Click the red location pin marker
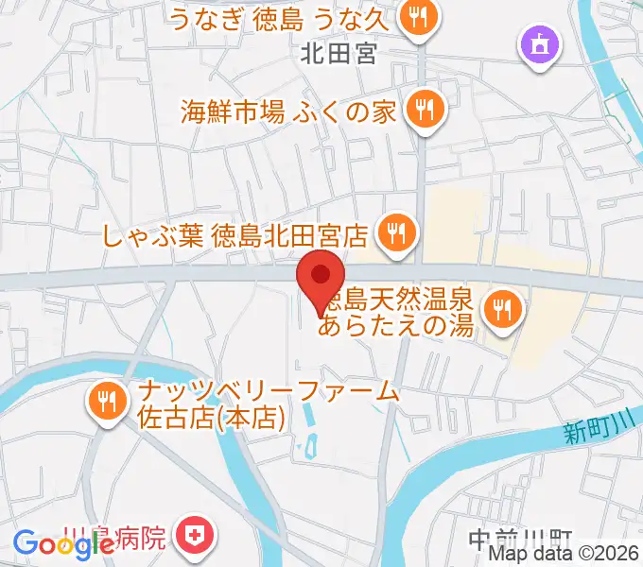[321, 278]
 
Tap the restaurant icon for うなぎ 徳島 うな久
[416, 16]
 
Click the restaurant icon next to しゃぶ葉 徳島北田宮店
[392, 232]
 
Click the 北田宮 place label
[339, 54]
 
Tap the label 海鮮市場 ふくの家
[287, 112]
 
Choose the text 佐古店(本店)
[213, 416]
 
